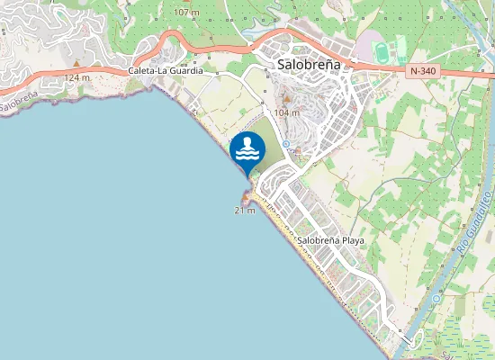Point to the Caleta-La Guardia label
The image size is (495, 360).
pos(166,69)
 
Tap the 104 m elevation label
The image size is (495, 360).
pos(286,112)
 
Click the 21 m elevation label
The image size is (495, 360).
pos(245,210)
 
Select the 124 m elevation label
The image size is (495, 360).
pos(77,77)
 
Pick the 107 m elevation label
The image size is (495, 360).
pos(186,13)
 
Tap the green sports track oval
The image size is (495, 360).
pos(379,48)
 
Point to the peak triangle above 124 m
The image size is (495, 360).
pos(77,67)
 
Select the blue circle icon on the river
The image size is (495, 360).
pos(436,298)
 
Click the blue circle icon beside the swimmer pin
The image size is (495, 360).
pos(285,144)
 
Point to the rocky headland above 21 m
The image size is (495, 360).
pos(245,197)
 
